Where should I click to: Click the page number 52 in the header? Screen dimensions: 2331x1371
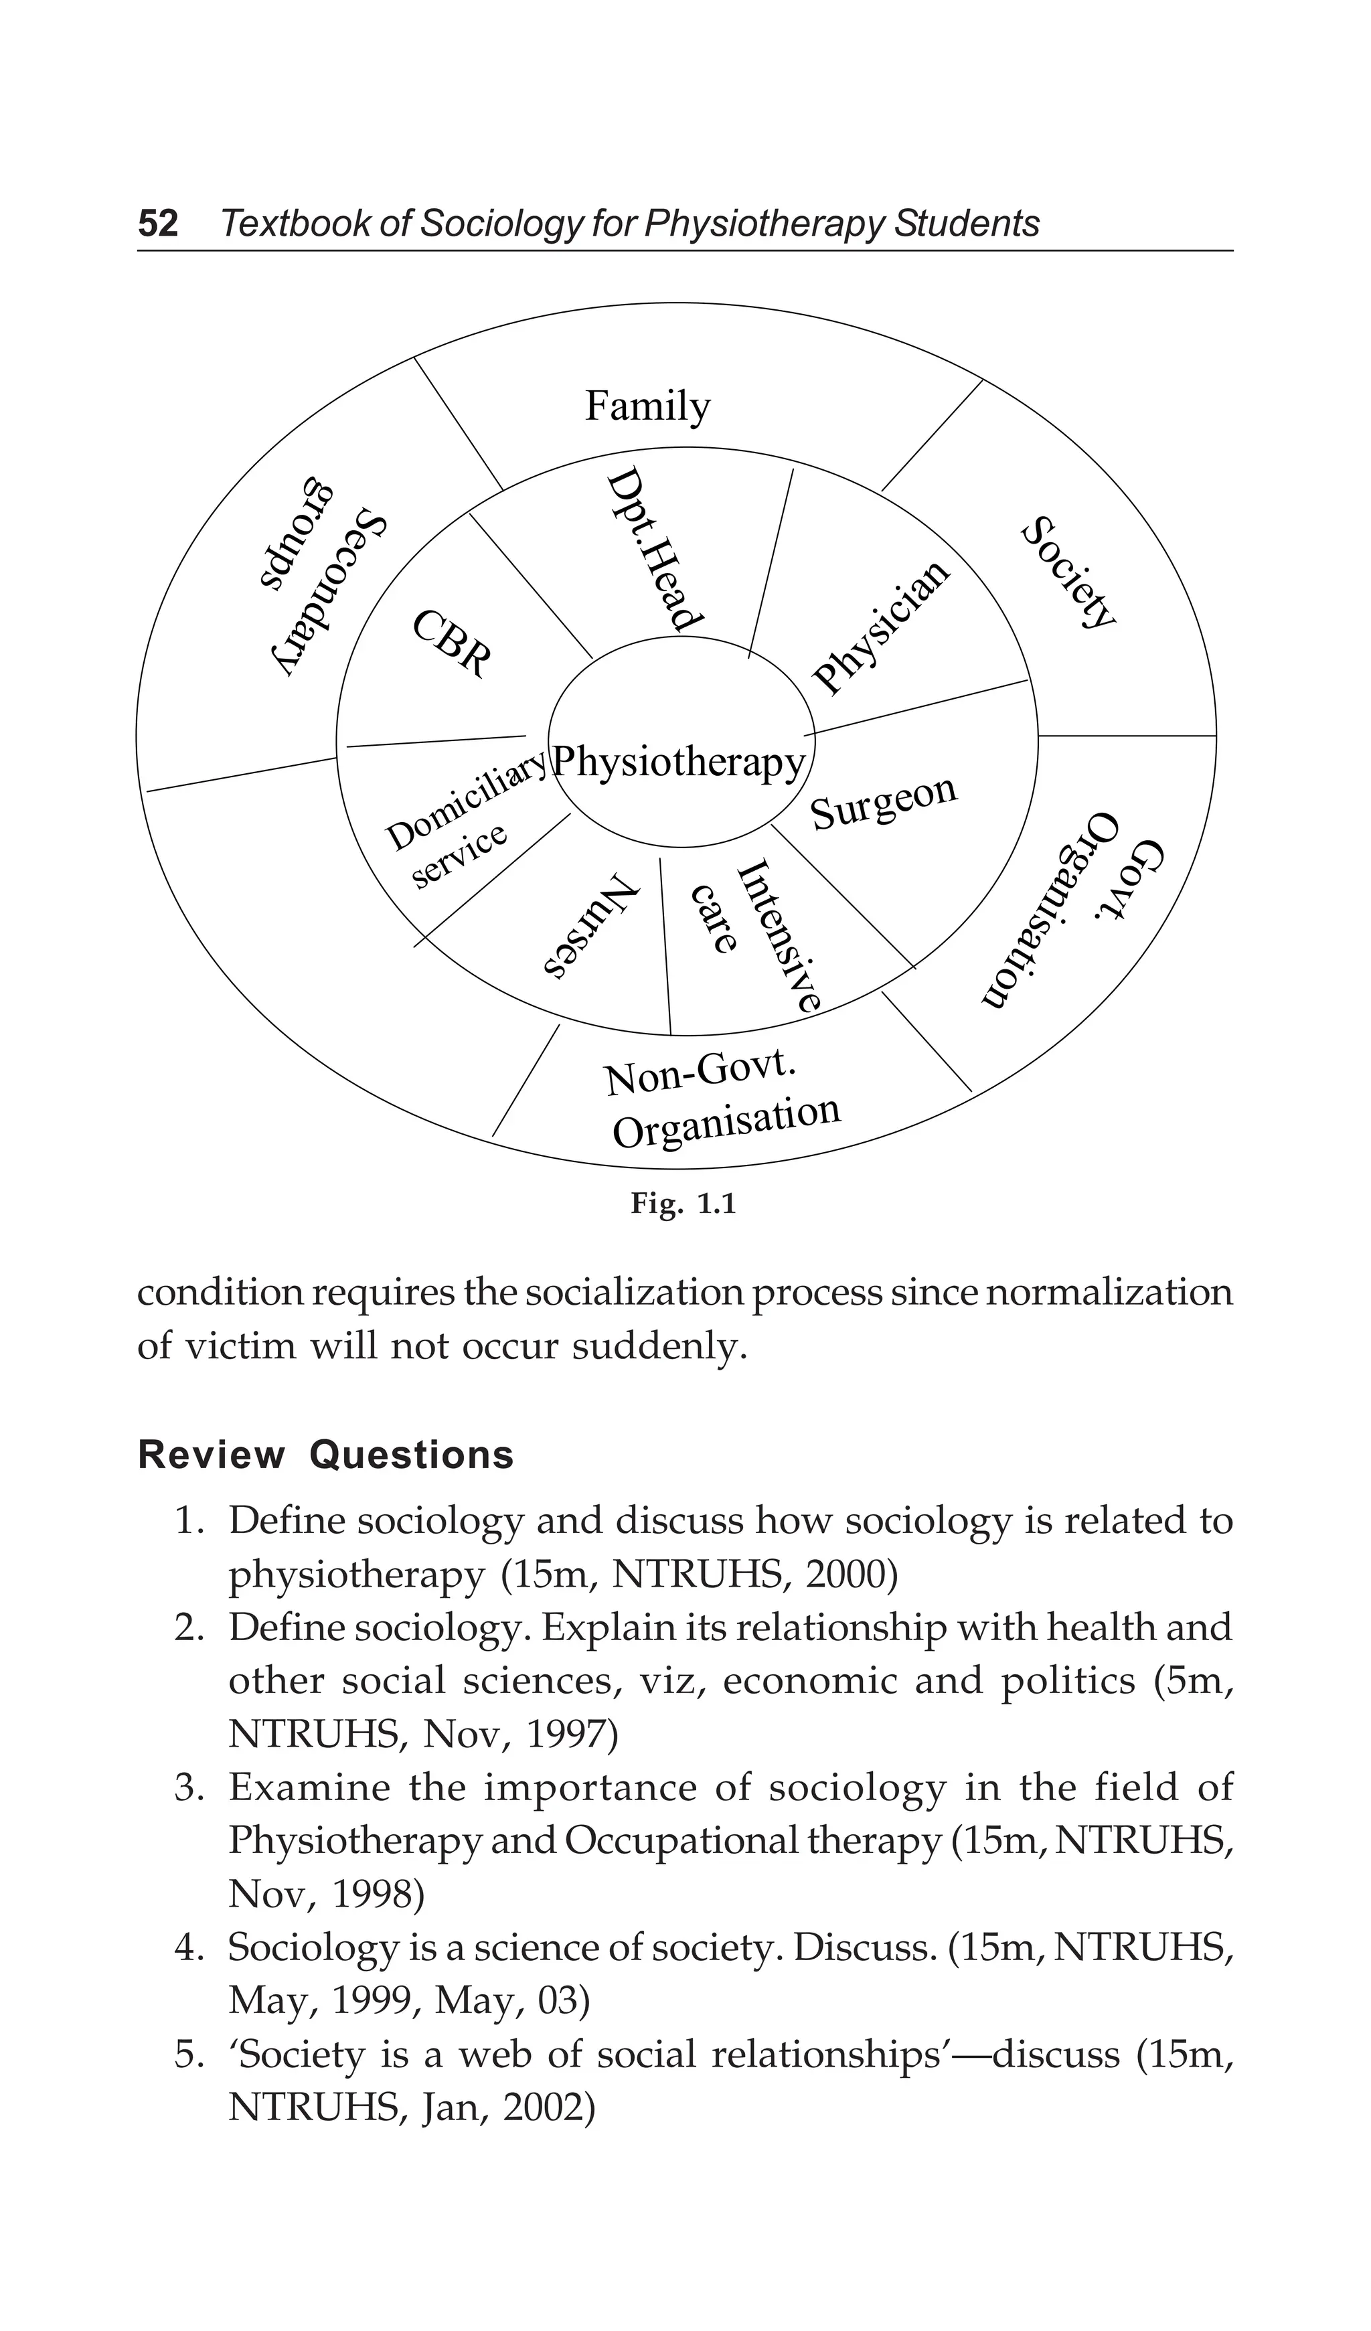tap(158, 224)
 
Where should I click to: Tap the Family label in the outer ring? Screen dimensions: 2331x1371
tap(647, 406)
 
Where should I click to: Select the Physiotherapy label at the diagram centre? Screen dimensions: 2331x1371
tap(679, 763)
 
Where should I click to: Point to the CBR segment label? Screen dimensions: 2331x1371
tap(451, 644)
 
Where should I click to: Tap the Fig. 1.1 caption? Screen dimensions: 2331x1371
tap(683, 1204)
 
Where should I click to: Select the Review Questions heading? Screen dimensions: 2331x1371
tap(325, 1455)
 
